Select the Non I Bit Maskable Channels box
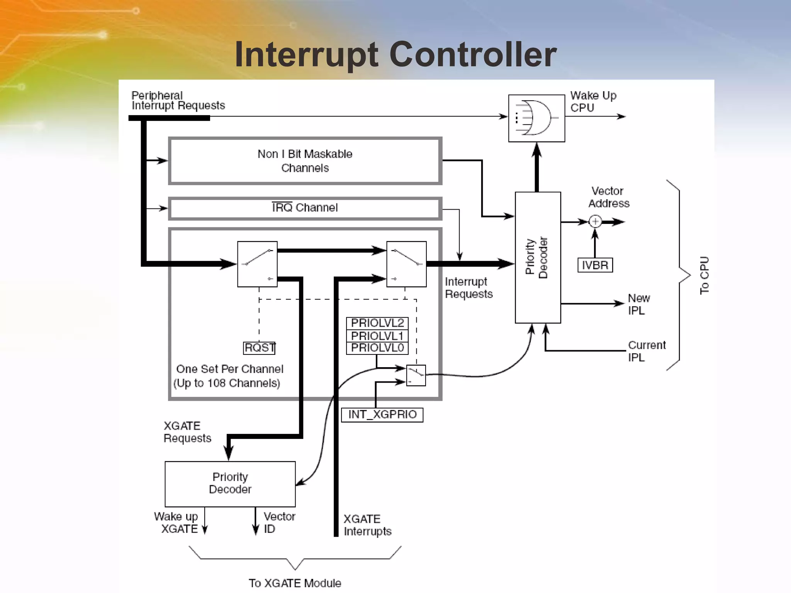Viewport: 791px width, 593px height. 305,161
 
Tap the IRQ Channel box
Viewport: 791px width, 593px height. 305,208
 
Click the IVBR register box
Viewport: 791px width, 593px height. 595,265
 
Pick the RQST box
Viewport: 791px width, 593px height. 260,348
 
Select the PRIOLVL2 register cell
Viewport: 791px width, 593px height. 377,323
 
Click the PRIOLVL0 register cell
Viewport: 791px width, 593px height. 377,348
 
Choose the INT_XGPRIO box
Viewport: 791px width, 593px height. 382,415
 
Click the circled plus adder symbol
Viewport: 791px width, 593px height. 595,222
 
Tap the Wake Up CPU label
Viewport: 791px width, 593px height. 593,101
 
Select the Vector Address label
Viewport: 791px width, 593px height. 608,197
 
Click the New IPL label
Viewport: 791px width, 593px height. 638,304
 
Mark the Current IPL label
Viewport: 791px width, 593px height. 646,351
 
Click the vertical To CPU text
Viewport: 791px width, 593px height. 704,275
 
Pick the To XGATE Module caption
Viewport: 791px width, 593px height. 295,583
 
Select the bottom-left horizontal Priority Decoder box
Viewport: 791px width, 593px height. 230,484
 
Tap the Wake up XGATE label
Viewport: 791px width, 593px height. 177,522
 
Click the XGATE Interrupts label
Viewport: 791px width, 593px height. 367,525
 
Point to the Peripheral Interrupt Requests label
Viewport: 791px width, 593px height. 178,100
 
